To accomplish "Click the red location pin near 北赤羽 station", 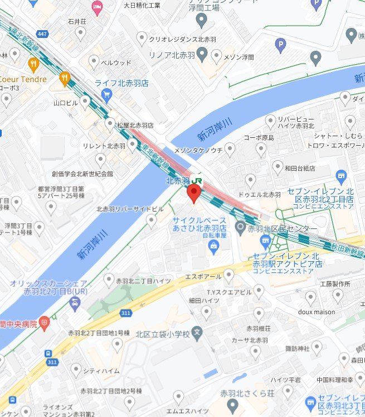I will (x=193, y=194).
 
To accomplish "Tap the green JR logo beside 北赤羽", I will (x=197, y=181).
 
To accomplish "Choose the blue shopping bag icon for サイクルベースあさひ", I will (x=213, y=247).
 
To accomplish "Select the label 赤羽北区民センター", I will (x=283, y=229).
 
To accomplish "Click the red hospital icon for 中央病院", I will (x=44, y=323).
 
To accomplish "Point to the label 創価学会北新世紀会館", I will (x=82, y=174).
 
